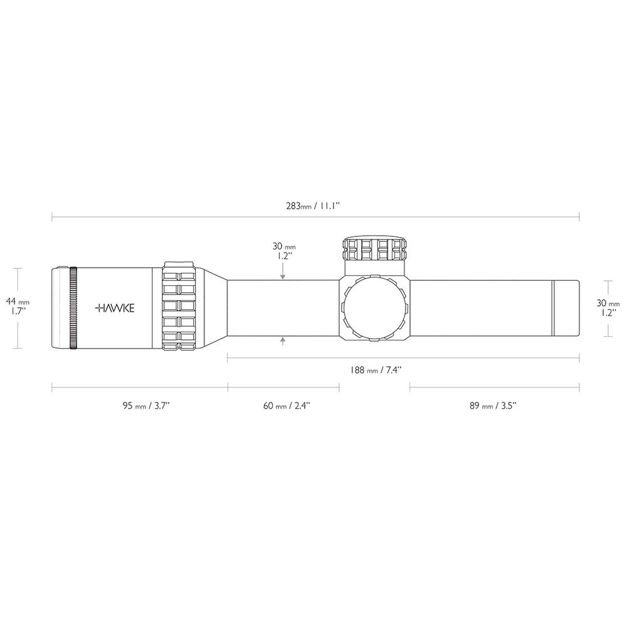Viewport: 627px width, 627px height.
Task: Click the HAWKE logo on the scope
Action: click(115, 308)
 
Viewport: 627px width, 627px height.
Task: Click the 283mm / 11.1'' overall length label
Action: click(313, 206)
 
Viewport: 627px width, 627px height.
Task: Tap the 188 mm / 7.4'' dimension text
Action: click(376, 370)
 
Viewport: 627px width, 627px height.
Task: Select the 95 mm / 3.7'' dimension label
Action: click(146, 406)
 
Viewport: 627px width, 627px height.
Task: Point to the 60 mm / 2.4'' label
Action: click(287, 406)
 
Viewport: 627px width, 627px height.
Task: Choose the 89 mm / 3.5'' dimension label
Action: click(493, 406)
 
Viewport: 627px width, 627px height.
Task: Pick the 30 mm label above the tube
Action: click(284, 251)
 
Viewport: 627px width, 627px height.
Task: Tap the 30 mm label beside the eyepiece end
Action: click(608, 308)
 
